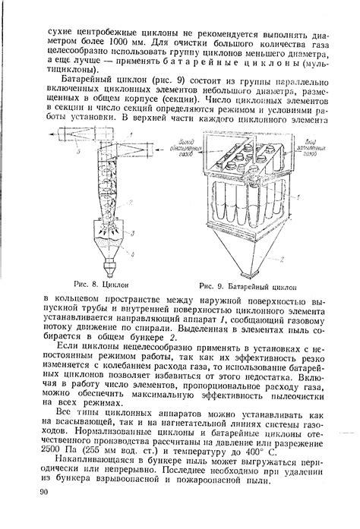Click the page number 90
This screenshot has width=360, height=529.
[x=43, y=493]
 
